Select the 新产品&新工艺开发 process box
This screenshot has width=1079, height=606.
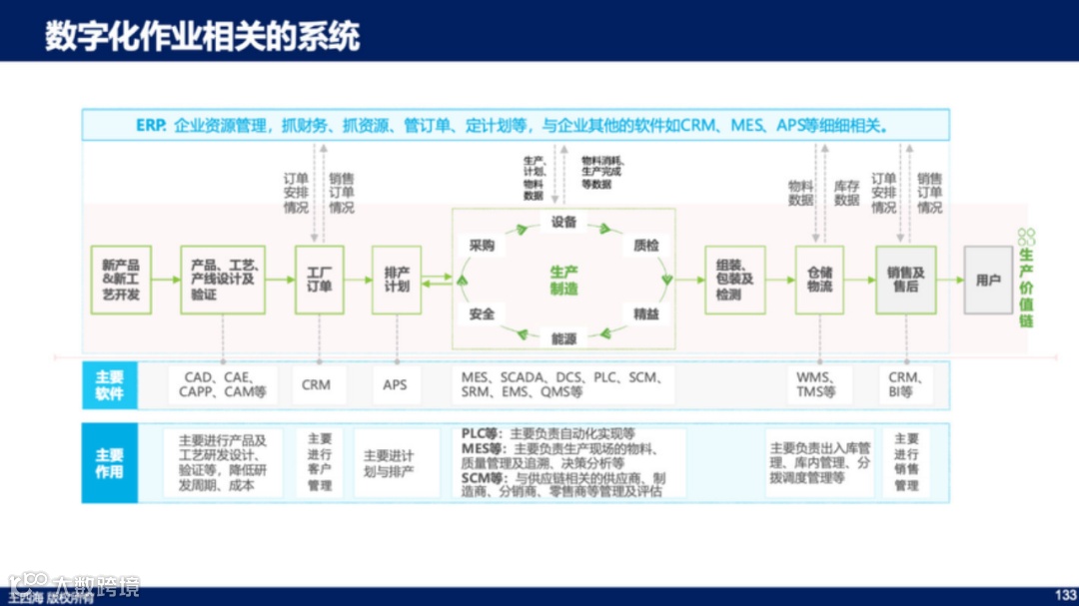coord(120,280)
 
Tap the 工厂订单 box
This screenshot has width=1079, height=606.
coord(319,280)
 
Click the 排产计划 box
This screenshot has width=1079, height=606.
coord(397,280)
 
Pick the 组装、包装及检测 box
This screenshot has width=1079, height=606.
coord(734,280)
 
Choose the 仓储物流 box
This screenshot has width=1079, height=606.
coord(820,280)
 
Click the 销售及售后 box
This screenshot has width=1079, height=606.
coord(905,280)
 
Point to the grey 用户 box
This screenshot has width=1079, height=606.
coord(988,281)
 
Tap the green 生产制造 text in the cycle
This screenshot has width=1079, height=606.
coord(563,280)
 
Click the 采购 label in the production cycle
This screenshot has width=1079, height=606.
coord(482,245)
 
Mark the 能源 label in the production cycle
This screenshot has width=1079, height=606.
coord(563,338)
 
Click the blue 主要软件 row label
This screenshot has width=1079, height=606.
coord(109,385)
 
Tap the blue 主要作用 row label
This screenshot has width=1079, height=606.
coord(109,463)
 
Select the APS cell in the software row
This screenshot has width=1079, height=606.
coord(395,384)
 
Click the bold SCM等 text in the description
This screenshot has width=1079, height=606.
coord(484,478)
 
